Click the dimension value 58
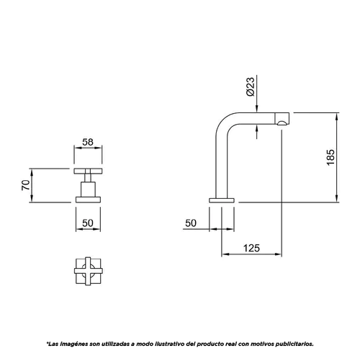(88, 142)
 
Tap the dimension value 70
(26, 185)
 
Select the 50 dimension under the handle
(88, 223)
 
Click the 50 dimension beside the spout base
(191, 223)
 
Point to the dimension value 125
(251, 248)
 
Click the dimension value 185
(330, 157)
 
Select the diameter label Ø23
(251, 86)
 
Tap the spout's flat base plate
(222, 200)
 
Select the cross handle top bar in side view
(88, 171)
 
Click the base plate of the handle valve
(88, 200)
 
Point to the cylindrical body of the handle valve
(88, 190)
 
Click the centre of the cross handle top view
(88, 271)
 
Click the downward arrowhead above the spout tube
(257, 109)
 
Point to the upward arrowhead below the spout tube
(257, 128)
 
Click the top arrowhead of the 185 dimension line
(337, 117)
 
